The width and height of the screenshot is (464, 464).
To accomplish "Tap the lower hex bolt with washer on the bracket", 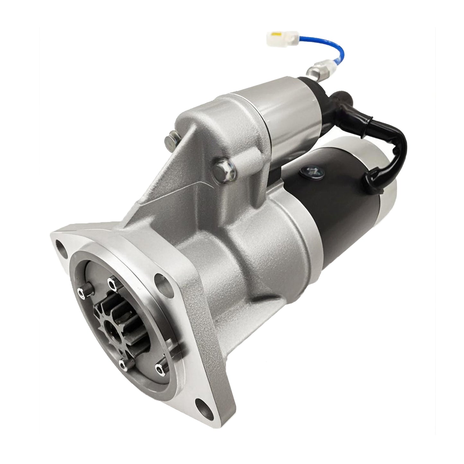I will click(x=222, y=168).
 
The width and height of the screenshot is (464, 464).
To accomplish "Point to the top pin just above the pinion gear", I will click(x=111, y=284).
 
